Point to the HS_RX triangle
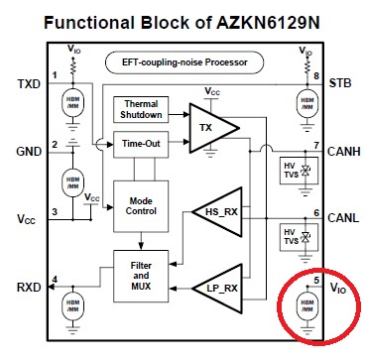[x=215, y=212]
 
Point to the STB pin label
[x=342, y=84]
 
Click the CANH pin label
[x=342, y=151]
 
